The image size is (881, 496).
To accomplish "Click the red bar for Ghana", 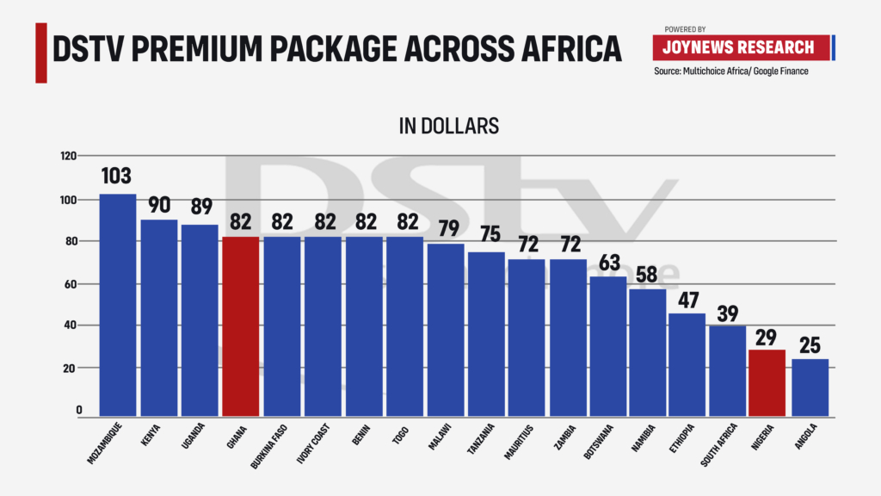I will point(240,327).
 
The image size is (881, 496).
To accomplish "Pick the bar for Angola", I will point(810,388).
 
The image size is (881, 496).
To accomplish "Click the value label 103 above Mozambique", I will point(116,177).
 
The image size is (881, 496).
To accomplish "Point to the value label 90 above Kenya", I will point(158,205).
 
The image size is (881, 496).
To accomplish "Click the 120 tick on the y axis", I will point(68,156).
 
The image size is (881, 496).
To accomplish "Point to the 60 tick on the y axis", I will point(71,283).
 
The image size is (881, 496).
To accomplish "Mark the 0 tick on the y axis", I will point(78,410).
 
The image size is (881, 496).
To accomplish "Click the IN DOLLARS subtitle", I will point(448,126).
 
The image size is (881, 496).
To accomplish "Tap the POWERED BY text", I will point(685,28).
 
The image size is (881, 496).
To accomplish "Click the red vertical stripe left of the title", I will point(40,52).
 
